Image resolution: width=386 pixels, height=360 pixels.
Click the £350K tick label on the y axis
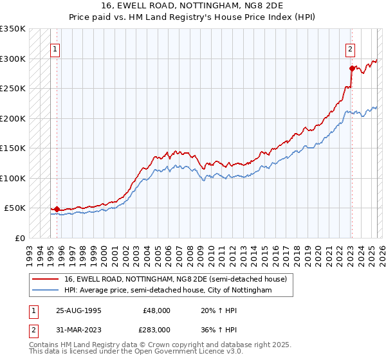[13, 29]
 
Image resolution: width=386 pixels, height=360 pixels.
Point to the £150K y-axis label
[13, 148]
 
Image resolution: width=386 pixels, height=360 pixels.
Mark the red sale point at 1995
[57, 209]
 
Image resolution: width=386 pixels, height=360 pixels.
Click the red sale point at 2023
[352, 68]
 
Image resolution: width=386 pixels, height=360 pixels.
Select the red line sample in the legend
[46, 278]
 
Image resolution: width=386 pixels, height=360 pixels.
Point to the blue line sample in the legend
[46, 290]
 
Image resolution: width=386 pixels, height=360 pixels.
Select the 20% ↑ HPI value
[214, 310]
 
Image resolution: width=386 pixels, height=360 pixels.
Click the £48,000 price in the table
[156, 310]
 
